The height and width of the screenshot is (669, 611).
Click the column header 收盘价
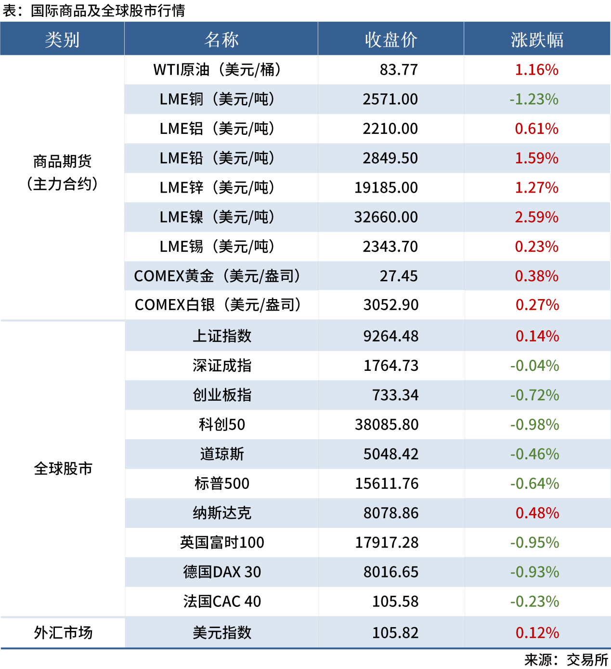[x=390, y=39]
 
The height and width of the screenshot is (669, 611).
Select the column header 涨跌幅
[x=537, y=39]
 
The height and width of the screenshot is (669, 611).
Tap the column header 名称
[x=221, y=39]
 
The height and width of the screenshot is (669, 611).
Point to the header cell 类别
[x=62, y=39]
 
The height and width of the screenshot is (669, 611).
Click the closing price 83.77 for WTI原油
[x=399, y=70]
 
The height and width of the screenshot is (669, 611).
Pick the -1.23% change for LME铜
[x=534, y=99]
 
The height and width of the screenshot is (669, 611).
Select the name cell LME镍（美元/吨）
[x=217, y=217]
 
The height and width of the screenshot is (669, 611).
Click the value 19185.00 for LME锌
[x=386, y=187]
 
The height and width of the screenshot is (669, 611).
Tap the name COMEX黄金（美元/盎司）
[x=217, y=276]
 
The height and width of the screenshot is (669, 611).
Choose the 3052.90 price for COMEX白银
[x=391, y=305]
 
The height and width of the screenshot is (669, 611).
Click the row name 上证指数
[x=222, y=336]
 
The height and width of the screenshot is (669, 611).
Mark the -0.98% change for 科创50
[x=534, y=424]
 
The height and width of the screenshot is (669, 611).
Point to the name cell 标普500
[x=222, y=483]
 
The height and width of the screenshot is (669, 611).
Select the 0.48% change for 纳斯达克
[x=537, y=513]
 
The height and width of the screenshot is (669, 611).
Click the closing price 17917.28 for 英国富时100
[x=387, y=542]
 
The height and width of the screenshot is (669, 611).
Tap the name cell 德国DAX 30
[x=222, y=572]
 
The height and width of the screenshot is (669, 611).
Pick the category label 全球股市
[x=63, y=468]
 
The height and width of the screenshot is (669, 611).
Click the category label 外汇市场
[x=63, y=632]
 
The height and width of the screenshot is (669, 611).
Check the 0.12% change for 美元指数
[x=537, y=632]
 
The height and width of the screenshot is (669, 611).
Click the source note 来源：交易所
[x=566, y=659]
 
